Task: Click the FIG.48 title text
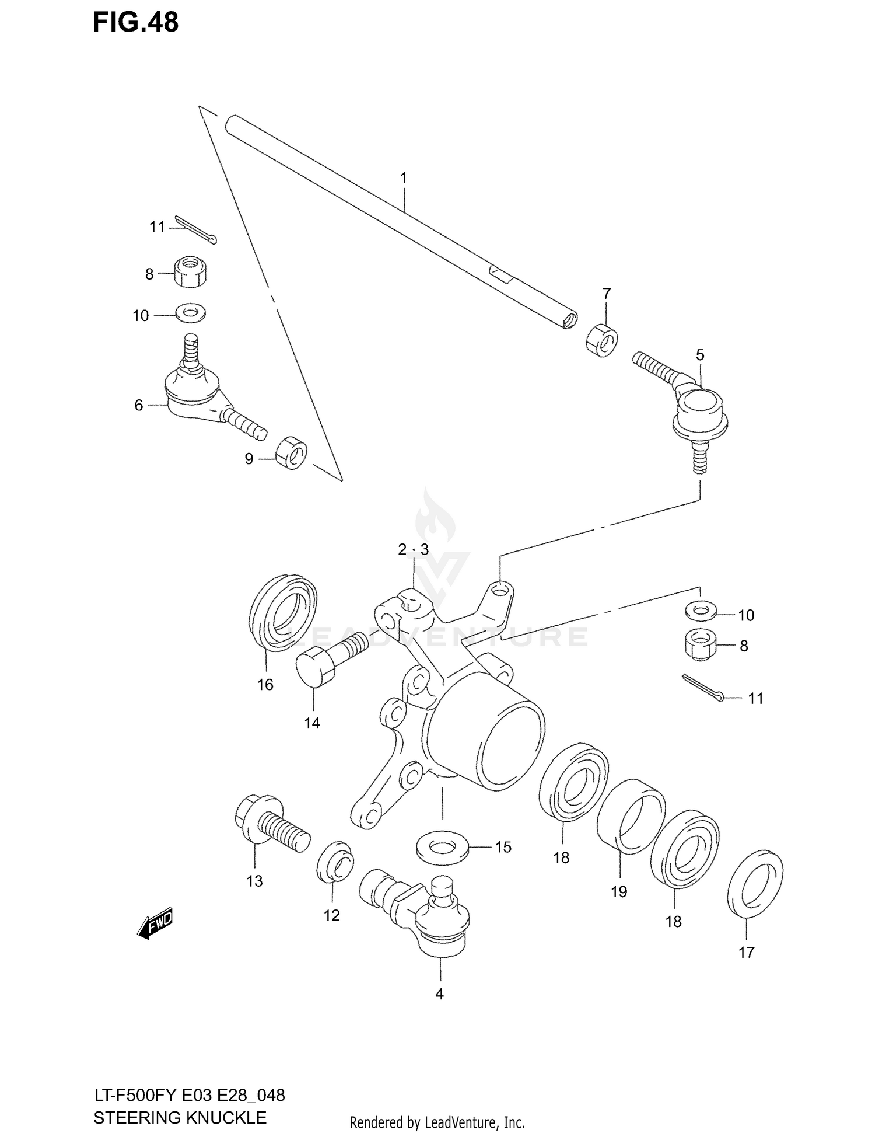[135, 23]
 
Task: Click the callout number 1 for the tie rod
[403, 177]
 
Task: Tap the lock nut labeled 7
[602, 341]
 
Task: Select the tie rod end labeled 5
[697, 409]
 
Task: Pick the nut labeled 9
[291, 452]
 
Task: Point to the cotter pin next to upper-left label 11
[196, 229]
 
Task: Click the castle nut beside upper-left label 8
[191, 271]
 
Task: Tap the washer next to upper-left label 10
[190, 313]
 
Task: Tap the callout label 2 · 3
[413, 549]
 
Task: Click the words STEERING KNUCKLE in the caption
[180, 1117]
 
